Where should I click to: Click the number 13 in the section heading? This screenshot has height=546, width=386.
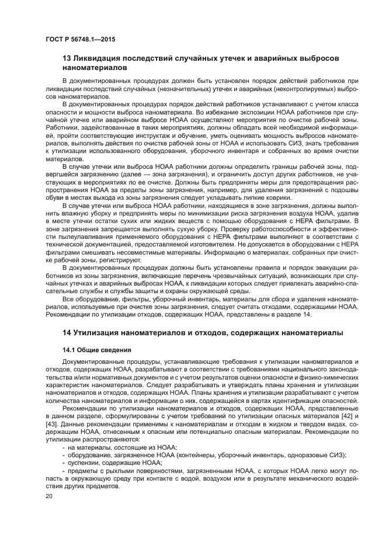(x=67, y=59)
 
